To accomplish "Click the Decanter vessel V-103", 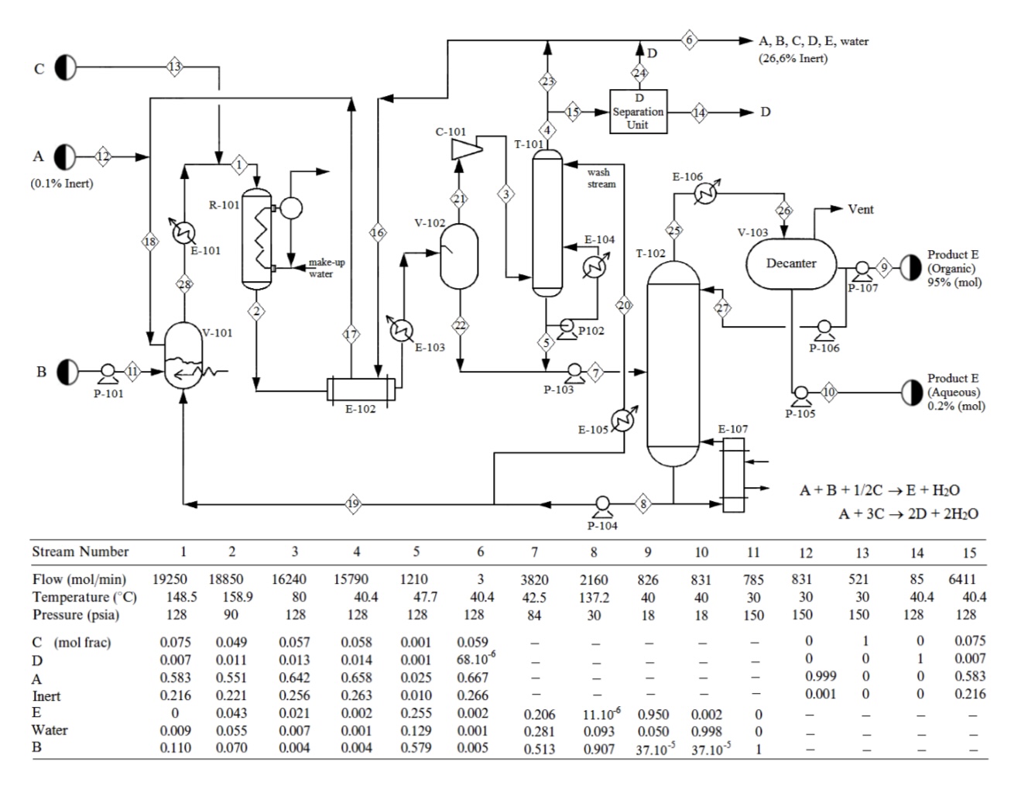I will tap(790, 263).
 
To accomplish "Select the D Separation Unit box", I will tap(638, 112).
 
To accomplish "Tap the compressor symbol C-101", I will tap(465, 146).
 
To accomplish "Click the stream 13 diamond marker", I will tap(175, 67).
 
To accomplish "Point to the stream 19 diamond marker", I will tap(353, 504).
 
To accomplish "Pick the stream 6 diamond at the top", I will tap(689, 39).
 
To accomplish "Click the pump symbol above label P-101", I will tap(108, 372).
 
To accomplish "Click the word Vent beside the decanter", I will tap(860, 209).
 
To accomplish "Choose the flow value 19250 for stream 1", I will tap(171, 579).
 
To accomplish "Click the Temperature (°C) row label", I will tap(84, 597).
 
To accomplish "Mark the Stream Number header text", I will tap(80, 551).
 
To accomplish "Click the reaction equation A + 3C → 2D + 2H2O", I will tap(907, 513).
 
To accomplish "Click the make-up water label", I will tap(326, 268).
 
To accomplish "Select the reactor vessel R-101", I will tap(256, 238).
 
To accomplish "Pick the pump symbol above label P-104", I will tap(601, 504).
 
